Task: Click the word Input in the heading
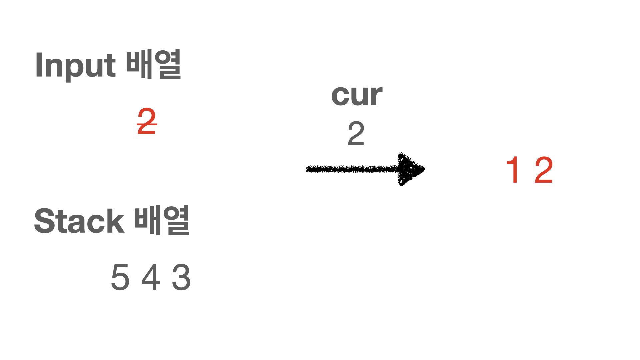click(x=75, y=65)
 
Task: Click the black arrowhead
click(x=410, y=169)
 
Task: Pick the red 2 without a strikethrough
click(x=544, y=170)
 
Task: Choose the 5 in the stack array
click(x=120, y=277)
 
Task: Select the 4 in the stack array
click(x=151, y=277)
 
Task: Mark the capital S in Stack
click(x=45, y=221)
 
